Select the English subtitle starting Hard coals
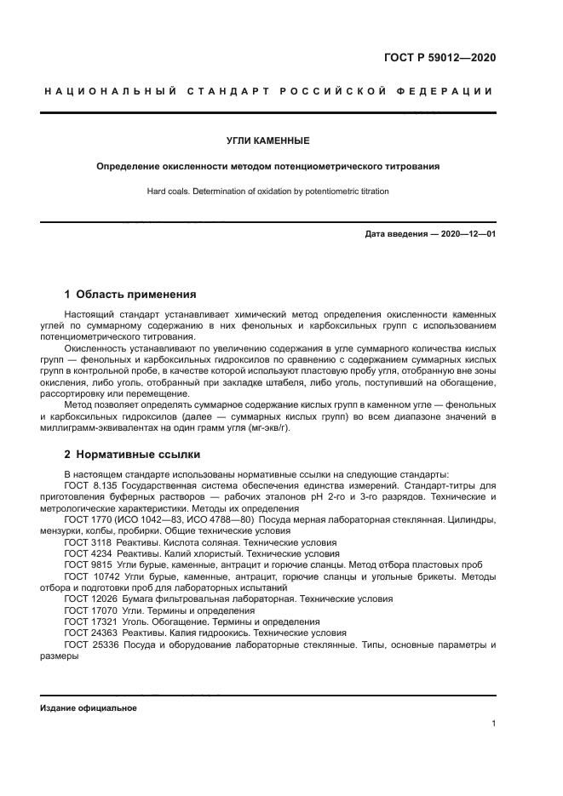click(267, 192)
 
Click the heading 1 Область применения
click(130, 295)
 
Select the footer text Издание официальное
click(88, 708)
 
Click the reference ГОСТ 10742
click(89, 576)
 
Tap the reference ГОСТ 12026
click(89, 599)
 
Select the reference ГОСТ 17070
click(89, 610)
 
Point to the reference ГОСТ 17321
click(89, 621)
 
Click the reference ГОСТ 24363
click(89, 633)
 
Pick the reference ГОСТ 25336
click(89, 644)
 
